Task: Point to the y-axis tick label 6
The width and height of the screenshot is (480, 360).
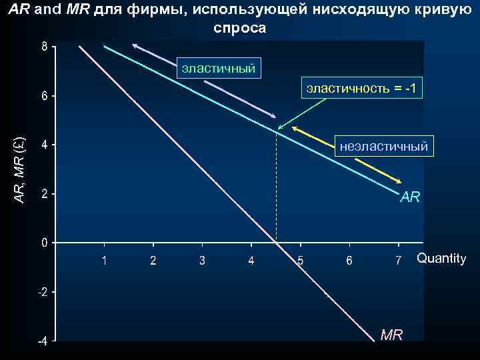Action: click(x=44, y=96)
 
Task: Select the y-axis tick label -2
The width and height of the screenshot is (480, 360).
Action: click(x=41, y=293)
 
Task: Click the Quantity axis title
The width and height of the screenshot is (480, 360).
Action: click(x=441, y=259)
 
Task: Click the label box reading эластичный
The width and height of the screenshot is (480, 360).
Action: click(x=217, y=67)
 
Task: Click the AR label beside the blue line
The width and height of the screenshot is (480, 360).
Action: click(x=410, y=198)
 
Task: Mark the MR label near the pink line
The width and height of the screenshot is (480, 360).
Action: click(x=391, y=335)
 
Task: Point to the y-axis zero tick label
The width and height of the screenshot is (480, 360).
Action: click(x=44, y=243)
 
